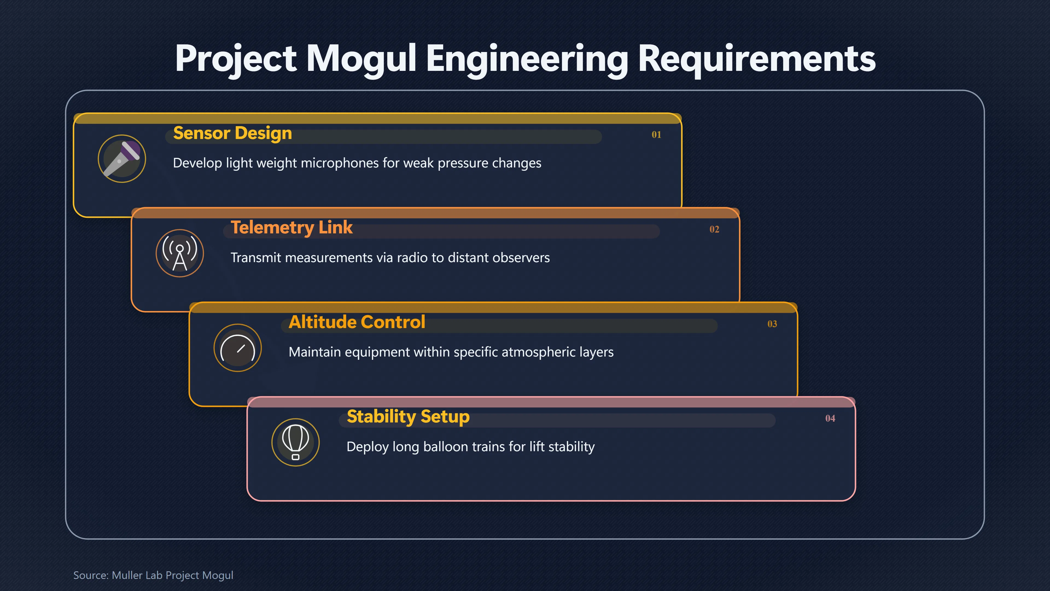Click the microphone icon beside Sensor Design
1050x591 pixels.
click(122, 159)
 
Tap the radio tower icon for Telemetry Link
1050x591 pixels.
click(180, 253)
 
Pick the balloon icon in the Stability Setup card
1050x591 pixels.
click(296, 442)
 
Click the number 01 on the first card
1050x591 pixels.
click(656, 135)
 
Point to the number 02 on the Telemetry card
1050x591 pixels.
click(714, 229)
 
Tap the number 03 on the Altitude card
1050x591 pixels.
click(772, 324)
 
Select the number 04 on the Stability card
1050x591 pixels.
click(830, 418)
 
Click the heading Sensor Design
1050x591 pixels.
click(232, 133)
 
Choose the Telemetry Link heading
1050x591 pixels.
click(291, 228)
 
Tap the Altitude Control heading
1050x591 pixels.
click(357, 322)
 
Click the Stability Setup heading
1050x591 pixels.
click(408, 417)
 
